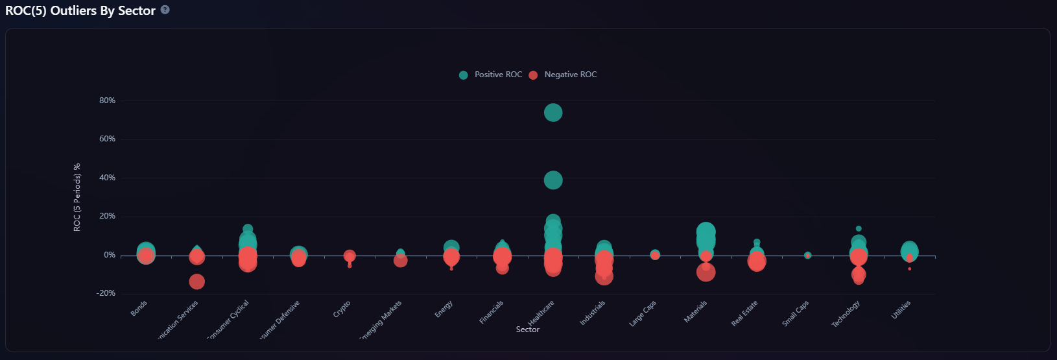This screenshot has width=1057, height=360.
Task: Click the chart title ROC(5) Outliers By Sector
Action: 80,10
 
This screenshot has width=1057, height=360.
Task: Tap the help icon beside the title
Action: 165,10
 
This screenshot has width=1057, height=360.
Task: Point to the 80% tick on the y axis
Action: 107,101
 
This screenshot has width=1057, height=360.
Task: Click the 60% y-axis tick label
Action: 107,139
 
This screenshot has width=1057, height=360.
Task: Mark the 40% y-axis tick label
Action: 107,178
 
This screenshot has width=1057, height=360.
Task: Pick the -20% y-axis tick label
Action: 106,293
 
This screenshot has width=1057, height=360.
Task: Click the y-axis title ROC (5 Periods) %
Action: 77,197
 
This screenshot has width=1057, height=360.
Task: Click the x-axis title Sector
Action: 527,330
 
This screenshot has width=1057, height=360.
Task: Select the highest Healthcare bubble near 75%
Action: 552,113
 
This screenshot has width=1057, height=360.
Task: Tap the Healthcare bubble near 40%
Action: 552,180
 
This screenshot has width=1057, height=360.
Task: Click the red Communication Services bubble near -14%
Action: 196,282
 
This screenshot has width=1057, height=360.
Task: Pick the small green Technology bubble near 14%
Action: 859,228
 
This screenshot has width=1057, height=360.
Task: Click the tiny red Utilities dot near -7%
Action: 910,269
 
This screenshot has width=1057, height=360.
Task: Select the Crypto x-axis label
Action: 342,309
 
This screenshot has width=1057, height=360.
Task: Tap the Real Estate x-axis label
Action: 744,313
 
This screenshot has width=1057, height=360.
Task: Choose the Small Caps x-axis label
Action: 795,314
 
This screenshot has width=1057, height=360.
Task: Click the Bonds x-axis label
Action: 139,308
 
